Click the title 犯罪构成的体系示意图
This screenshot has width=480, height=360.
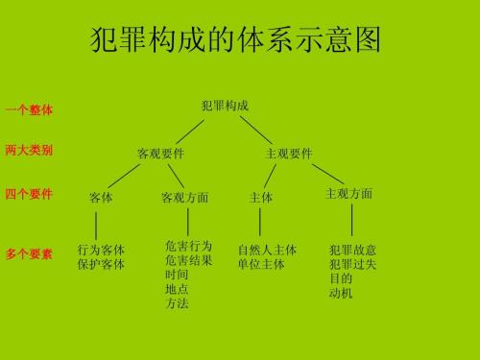(x=234, y=40)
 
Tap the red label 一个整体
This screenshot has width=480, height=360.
(x=29, y=110)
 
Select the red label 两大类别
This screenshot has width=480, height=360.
(x=29, y=151)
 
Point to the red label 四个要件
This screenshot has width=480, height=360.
(x=29, y=195)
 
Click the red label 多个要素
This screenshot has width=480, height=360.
(x=29, y=254)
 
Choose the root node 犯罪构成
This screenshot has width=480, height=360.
(x=226, y=106)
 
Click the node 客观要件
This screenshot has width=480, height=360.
(x=161, y=154)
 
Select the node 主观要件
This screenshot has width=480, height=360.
(x=289, y=154)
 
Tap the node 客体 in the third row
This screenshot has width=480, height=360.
(x=101, y=198)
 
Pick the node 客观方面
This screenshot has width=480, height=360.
(x=185, y=198)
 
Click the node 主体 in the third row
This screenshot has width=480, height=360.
(x=261, y=198)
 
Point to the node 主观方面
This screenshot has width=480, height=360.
(x=349, y=194)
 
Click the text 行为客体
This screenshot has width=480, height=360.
(x=101, y=250)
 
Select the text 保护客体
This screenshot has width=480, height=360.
(x=101, y=264)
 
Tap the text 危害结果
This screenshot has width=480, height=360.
(x=189, y=260)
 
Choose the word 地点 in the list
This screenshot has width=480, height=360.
(x=177, y=289)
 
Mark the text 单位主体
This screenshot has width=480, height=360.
(x=261, y=264)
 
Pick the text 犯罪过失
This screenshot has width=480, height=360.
(x=352, y=264)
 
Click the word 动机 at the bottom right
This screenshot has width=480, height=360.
(x=341, y=293)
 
